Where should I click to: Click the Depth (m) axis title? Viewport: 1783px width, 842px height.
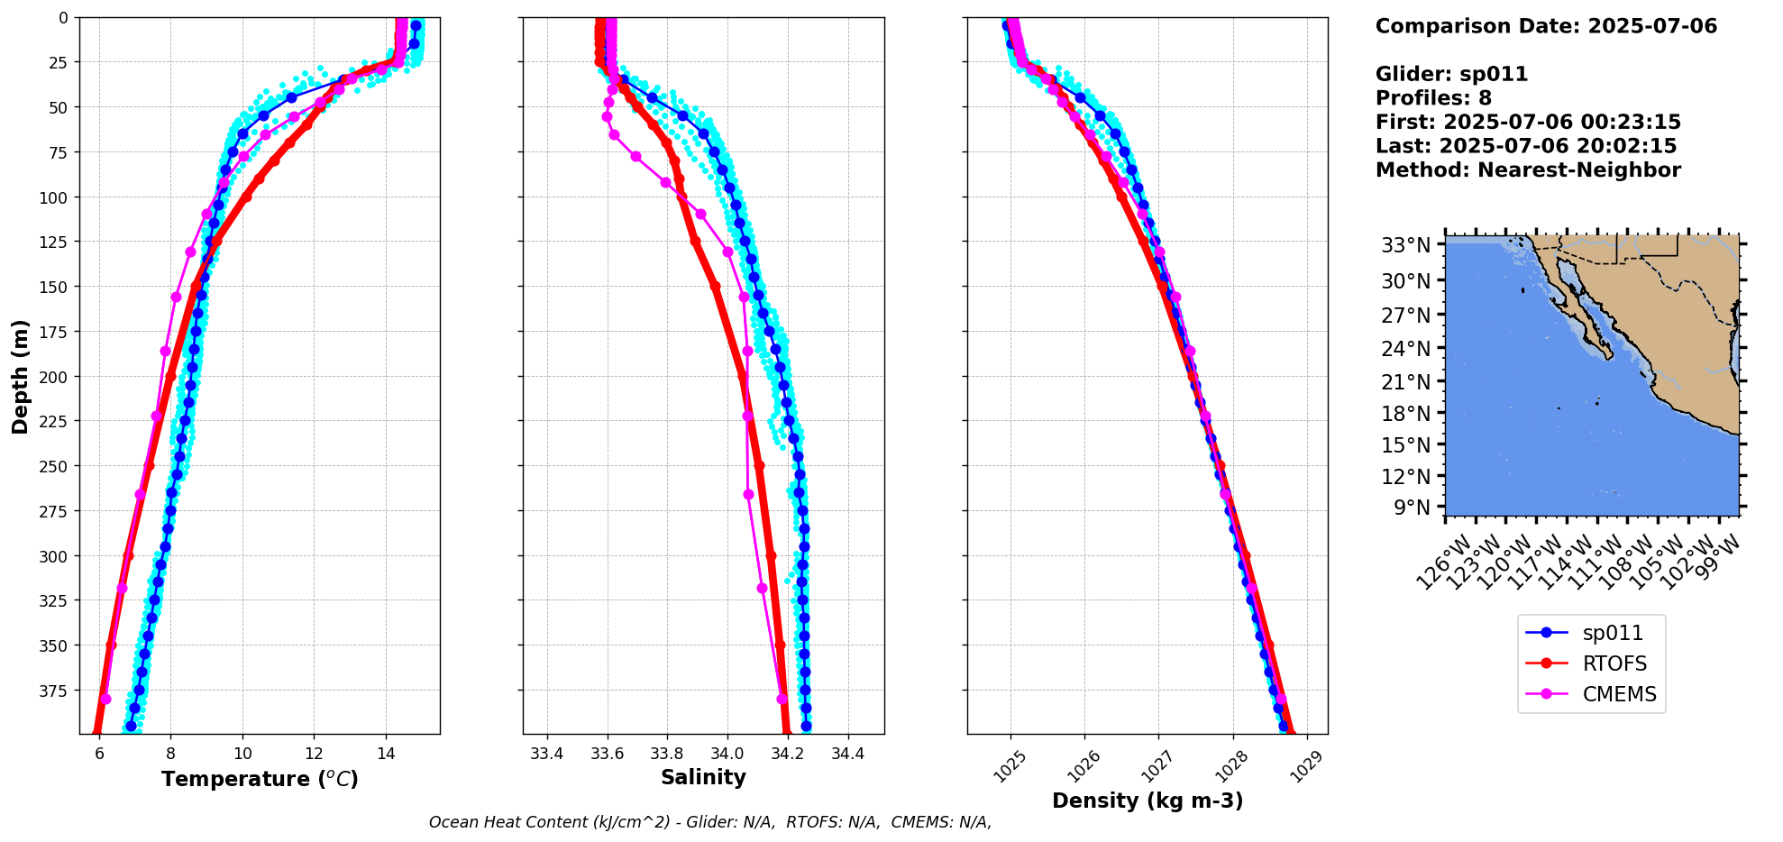[x=20, y=376]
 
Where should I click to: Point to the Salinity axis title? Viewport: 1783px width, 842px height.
[x=703, y=778]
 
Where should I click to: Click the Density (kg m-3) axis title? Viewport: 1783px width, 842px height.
[x=1148, y=801]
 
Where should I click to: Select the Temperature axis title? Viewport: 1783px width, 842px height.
[x=260, y=779]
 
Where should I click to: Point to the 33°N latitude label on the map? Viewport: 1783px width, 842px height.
[x=1406, y=245]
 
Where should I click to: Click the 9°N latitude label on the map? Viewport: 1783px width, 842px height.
[x=1412, y=508]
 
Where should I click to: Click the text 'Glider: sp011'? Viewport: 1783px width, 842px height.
[x=1451, y=74]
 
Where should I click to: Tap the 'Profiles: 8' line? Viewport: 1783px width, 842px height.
[x=1433, y=98]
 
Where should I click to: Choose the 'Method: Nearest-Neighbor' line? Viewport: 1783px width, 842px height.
[x=1528, y=170]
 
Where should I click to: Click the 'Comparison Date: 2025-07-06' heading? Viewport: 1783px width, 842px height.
[x=1546, y=26]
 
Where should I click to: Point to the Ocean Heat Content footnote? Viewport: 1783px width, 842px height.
[x=709, y=822]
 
